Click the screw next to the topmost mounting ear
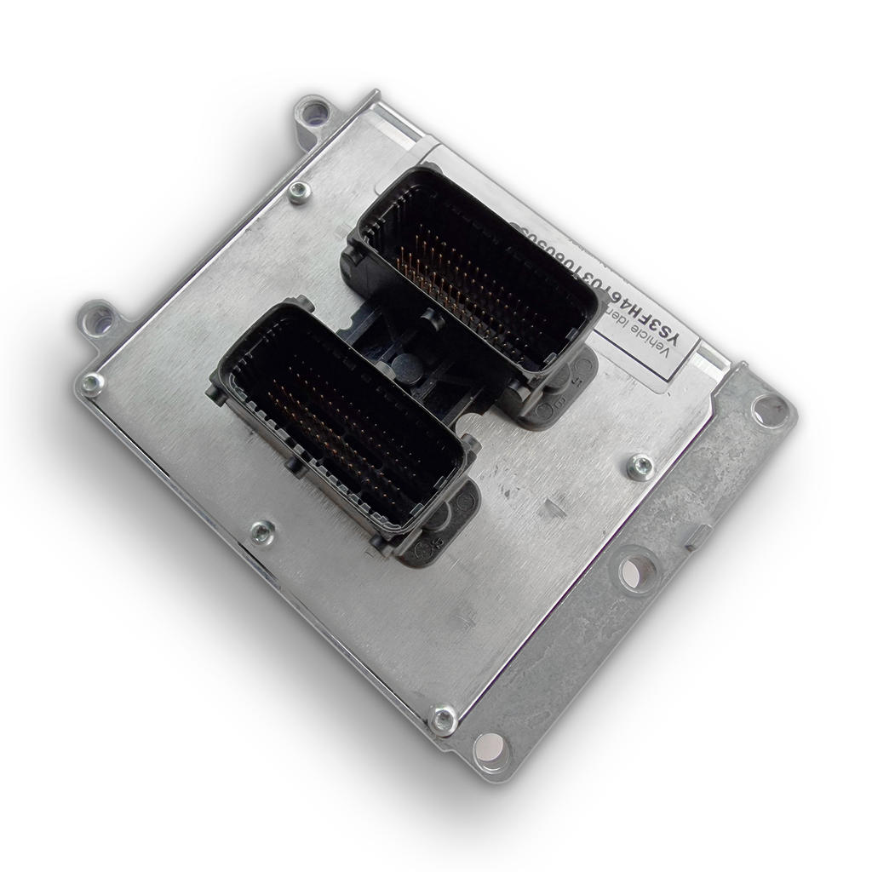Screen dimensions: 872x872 (x=299, y=192)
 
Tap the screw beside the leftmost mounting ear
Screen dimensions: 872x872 (x=92, y=383)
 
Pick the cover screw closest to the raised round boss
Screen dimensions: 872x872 (x=640, y=466)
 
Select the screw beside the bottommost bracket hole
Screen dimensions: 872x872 (x=443, y=720)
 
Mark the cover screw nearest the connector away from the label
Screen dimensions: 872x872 (x=262, y=532)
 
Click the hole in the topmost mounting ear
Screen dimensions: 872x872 (x=314, y=111)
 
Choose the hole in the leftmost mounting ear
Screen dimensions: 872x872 (x=99, y=319)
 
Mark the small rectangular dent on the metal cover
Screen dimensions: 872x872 (x=554, y=508)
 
